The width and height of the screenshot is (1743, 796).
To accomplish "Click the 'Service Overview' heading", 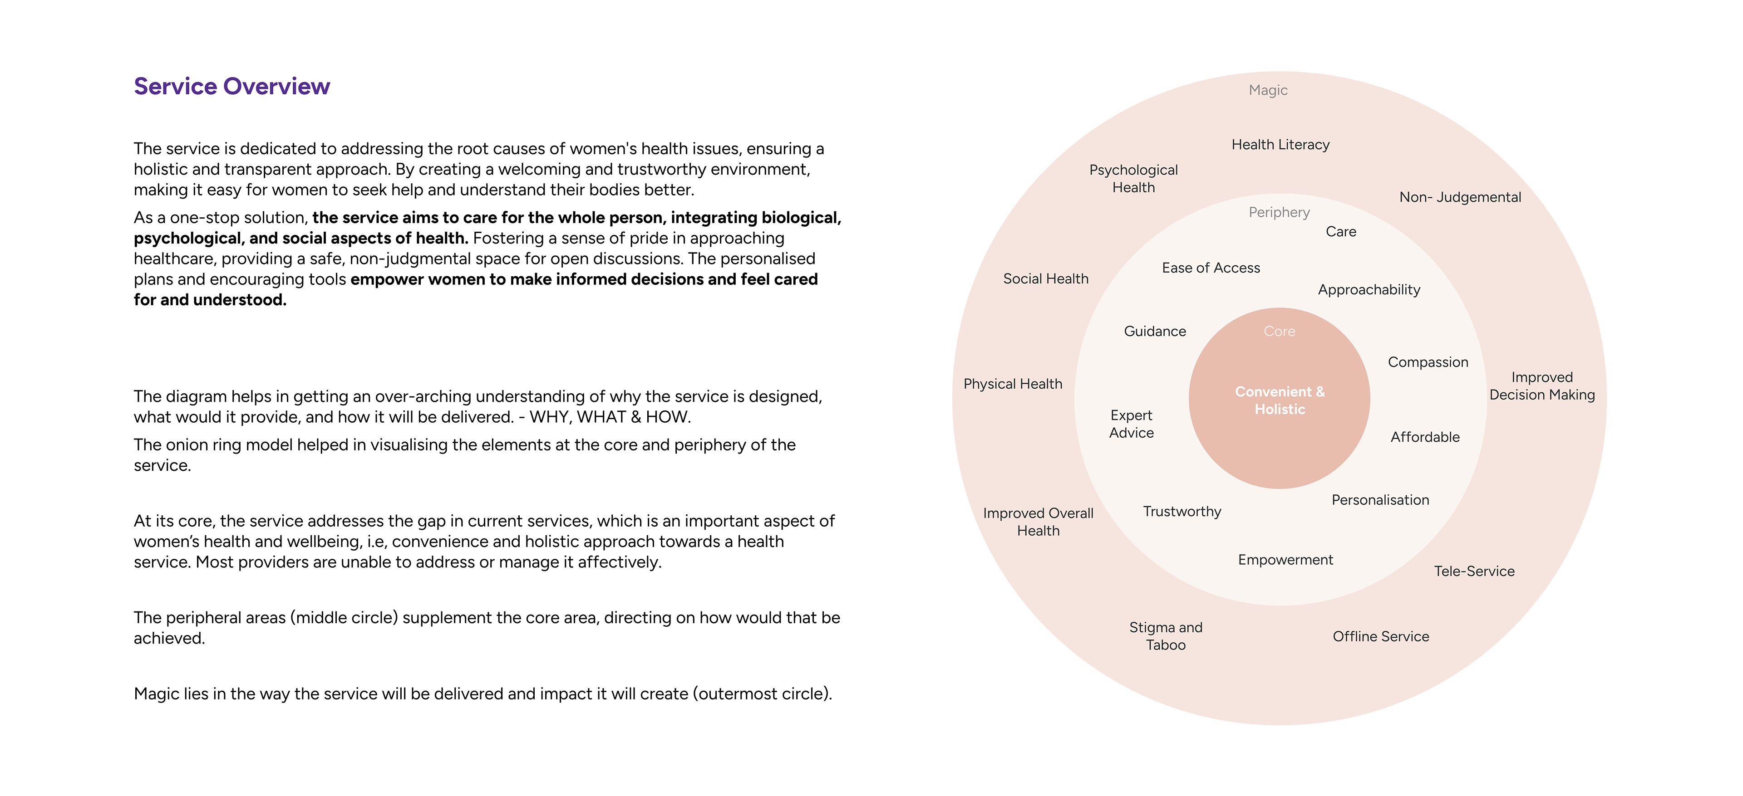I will pos(231,87).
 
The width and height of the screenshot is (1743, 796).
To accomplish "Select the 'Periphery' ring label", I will pos(1279,212).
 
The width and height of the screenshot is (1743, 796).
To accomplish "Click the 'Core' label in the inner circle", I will pos(1279,332).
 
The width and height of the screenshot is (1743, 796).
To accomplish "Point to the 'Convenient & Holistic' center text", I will pos(1280,400).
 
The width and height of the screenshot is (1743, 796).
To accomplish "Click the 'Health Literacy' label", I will pos(1280,145).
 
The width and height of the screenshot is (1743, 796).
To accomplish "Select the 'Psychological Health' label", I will pos(1133,179).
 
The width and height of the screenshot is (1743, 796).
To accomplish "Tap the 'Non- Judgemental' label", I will pos(1459,197).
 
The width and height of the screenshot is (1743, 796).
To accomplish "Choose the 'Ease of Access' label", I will pos(1211,268).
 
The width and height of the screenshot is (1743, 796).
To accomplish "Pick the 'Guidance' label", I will pos(1154,332).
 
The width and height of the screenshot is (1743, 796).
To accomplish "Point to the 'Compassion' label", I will pos(1428,362).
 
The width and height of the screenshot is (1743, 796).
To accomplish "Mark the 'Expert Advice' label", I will pos(1131,424).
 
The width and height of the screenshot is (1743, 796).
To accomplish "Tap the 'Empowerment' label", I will pos(1285,560).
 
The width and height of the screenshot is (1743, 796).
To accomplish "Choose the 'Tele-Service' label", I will pos(1474,571).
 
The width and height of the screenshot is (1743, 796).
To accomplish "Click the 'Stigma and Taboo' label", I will pos(1165,636).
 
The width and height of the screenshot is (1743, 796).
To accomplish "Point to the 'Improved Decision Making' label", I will pos(1541,386).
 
